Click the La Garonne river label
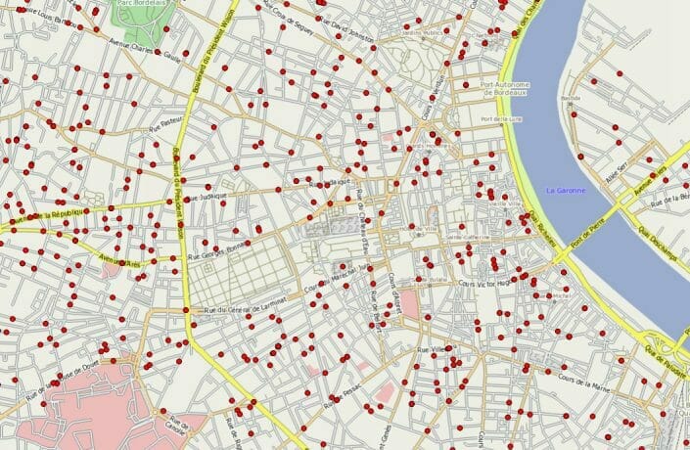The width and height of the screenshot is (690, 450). click(565, 190)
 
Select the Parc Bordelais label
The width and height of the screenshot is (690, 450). click(139, 5)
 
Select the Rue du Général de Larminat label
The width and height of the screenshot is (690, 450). click(246, 308)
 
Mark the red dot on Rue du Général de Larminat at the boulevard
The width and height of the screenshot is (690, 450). click(186, 311)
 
